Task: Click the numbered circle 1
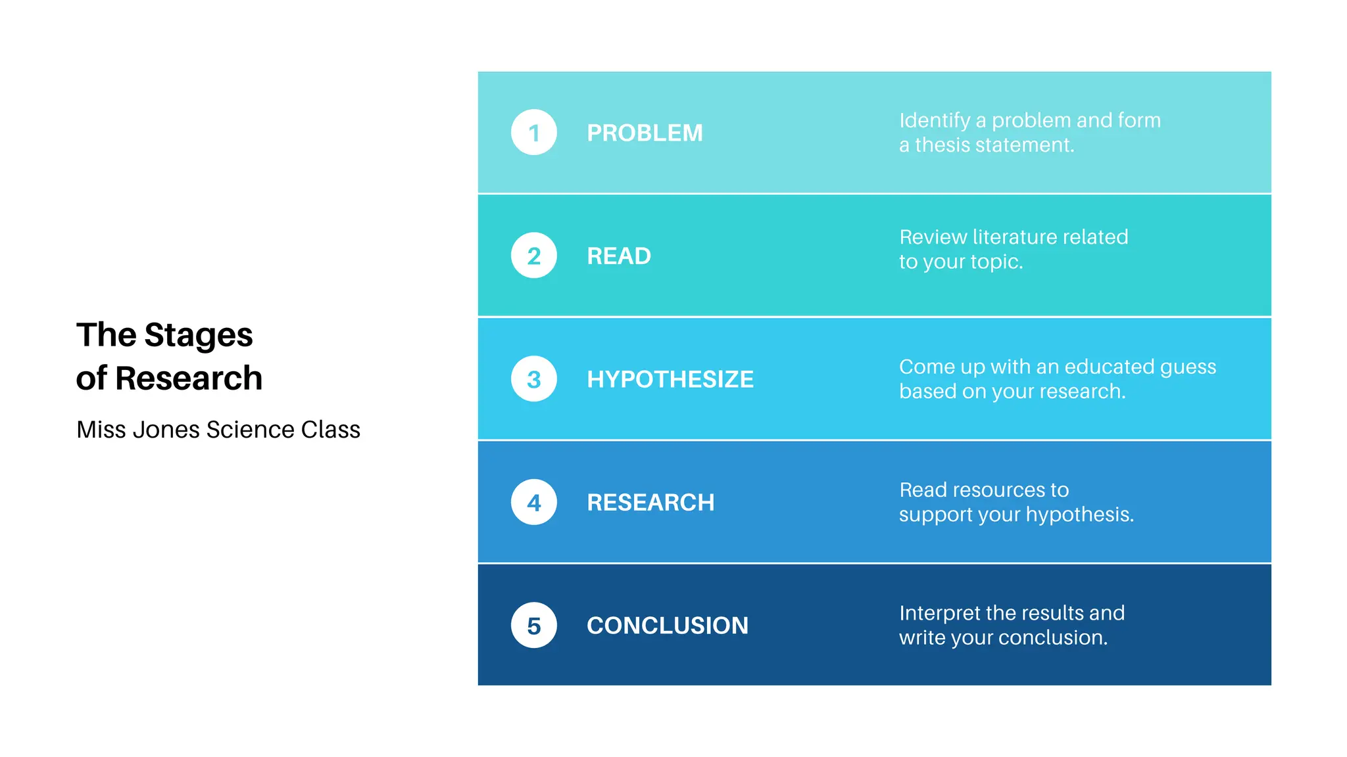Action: click(x=533, y=132)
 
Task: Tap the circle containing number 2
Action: click(x=533, y=256)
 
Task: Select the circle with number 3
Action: click(x=533, y=379)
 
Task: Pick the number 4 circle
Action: click(x=533, y=502)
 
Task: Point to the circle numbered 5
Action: click(x=533, y=626)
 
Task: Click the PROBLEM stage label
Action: click(x=645, y=133)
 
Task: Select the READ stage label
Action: click(x=618, y=256)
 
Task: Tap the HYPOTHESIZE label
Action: click(x=670, y=379)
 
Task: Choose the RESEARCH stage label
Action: click(x=650, y=503)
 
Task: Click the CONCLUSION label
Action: click(x=667, y=626)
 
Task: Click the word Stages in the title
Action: click(x=198, y=336)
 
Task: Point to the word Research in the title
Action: click(x=189, y=378)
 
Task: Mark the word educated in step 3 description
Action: click(x=1109, y=366)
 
